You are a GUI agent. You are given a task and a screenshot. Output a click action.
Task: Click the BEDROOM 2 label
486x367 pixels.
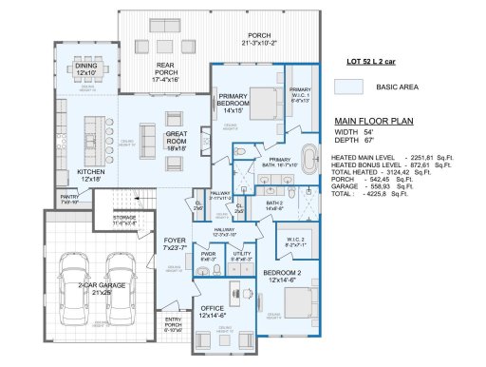pos(283,276)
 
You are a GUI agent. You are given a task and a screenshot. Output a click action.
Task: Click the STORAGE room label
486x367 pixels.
pos(124,219)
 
